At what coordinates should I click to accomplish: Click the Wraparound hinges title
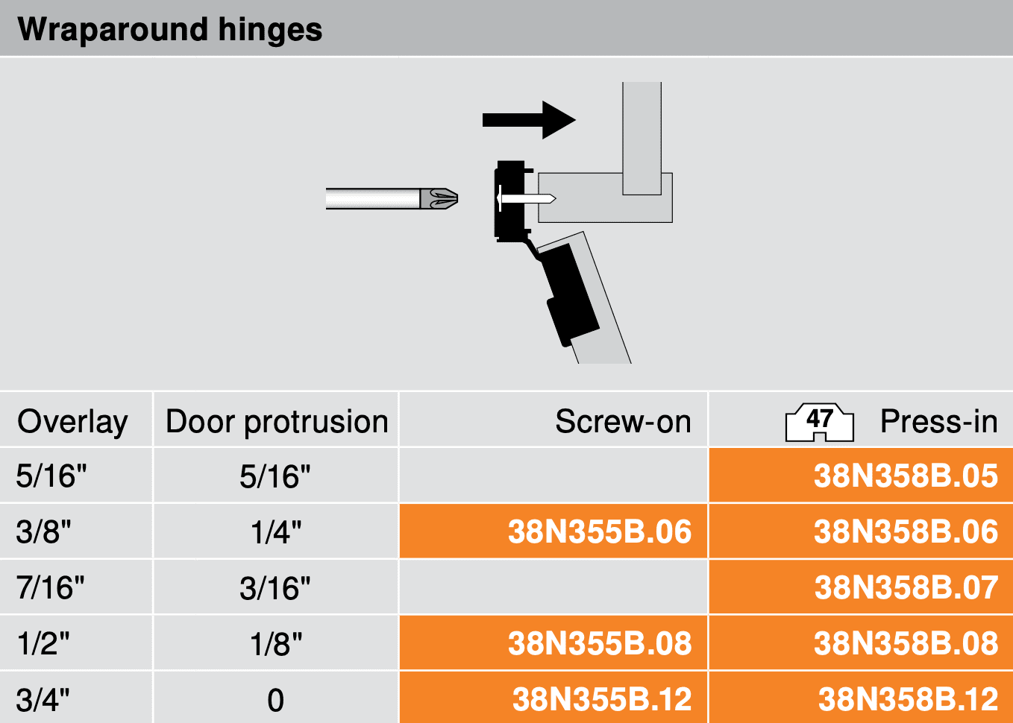(169, 31)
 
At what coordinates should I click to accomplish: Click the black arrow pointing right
(529, 120)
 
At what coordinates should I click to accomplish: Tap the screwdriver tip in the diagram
(439, 198)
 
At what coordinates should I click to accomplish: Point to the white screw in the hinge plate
(526, 198)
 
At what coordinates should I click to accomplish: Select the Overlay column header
(72, 422)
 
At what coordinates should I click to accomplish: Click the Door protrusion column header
(277, 422)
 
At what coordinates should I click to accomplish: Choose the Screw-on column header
(623, 421)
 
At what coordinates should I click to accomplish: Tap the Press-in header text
(939, 421)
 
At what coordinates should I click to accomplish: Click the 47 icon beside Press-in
(820, 422)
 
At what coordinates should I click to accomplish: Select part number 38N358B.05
(906, 476)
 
